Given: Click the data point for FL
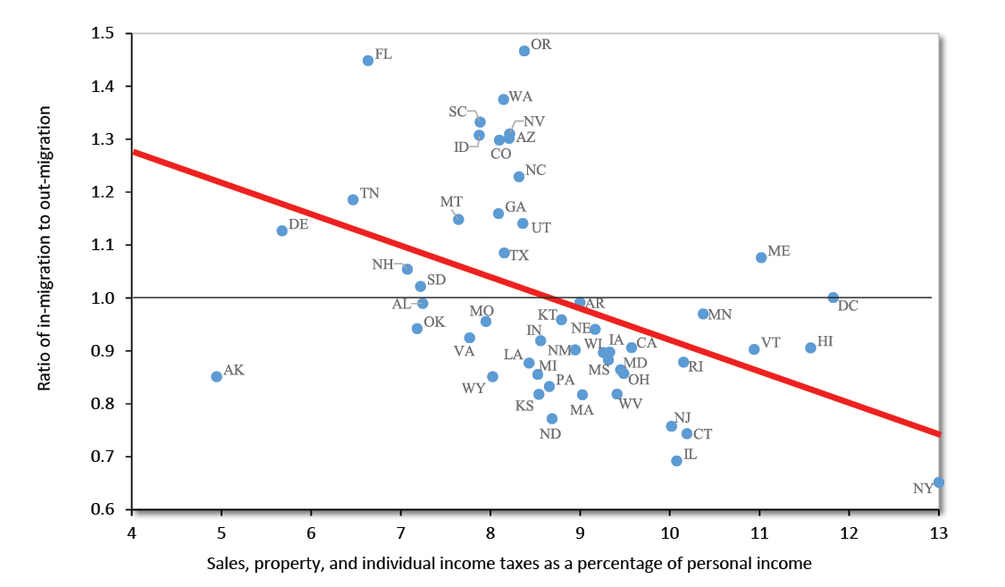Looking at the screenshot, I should coord(368,61).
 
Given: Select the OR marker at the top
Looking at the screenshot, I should coord(524,51).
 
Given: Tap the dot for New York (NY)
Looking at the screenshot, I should coord(939,482).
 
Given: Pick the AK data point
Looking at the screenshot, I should coord(216,377).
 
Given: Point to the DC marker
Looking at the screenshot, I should coord(833,298).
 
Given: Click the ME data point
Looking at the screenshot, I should coord(761,257).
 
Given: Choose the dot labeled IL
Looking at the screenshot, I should coord(676,461).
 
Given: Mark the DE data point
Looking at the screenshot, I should coord(282,231).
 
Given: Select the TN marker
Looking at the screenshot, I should coord(353,200).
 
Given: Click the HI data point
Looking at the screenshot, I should coord(810,348).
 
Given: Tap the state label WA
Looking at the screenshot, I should coord(521,96).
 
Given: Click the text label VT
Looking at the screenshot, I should coord(771,343).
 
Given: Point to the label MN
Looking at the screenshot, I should coord(720,314).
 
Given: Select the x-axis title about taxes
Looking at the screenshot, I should coord(509,564).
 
